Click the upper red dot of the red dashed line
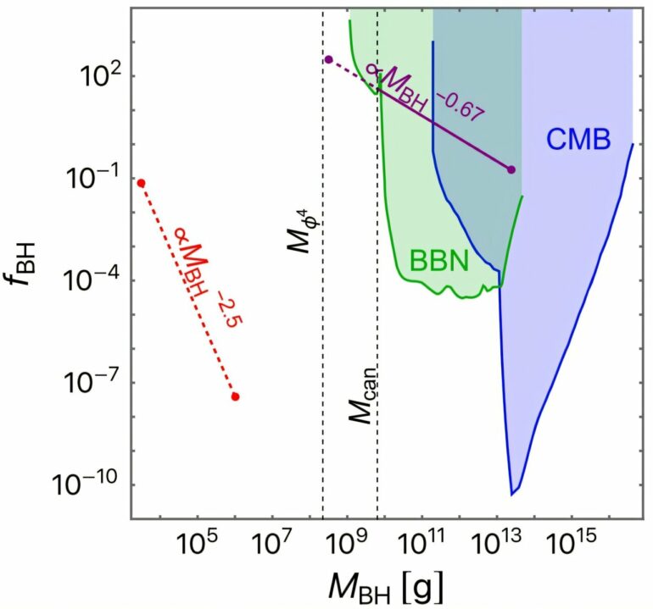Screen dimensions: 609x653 tap(142, 183)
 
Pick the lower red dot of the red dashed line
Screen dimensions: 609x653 tap(235, 396)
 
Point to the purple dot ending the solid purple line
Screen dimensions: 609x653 tap(511, 169)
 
